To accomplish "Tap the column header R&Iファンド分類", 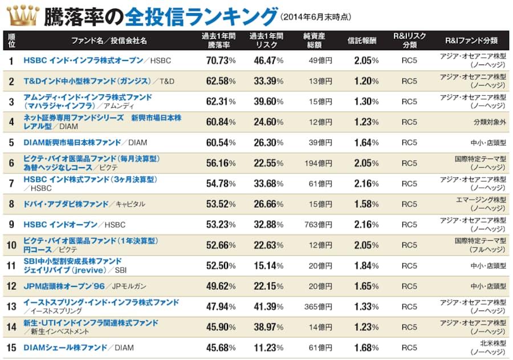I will [471, 41].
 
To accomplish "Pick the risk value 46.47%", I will [268, 60].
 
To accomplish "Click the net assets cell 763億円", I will [318, 225].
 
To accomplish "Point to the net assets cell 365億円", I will [318, 307].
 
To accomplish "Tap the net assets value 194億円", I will [318, 163].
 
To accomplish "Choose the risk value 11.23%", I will [268, 348].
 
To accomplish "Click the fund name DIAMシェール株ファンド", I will [66, 348].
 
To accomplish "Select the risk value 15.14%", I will [268, 266].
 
